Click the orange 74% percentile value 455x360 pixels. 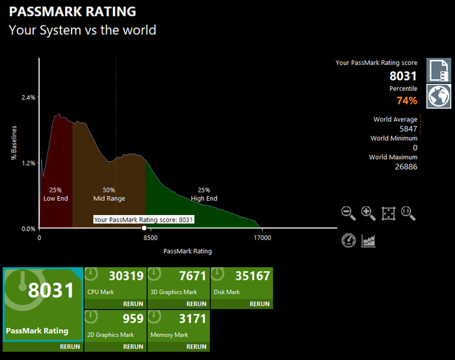[406, 100]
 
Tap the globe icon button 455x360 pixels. [439, 96]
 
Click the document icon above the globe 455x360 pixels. [439, 70]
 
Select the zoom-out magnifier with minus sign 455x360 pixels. [348, 213]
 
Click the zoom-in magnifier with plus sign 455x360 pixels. [368, 213]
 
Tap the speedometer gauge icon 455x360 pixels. [348, 240]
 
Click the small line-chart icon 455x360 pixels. [369, 240]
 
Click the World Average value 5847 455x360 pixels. [408, 129]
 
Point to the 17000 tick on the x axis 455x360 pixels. [262, 238]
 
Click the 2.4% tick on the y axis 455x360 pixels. [28, 97]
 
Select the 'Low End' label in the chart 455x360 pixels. [55, 198]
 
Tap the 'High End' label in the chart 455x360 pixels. [204, 198]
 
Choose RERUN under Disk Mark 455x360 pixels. [259, 303]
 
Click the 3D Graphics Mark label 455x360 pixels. [174, 292]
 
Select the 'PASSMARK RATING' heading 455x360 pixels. [72, 12]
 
